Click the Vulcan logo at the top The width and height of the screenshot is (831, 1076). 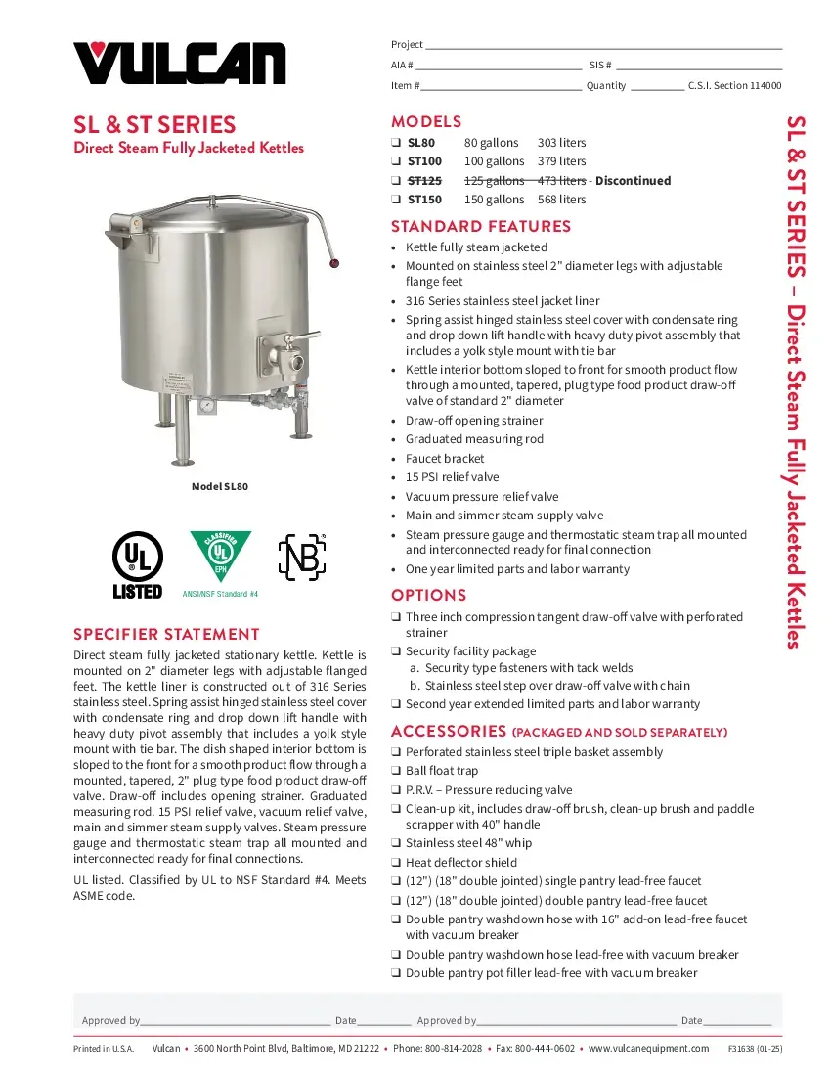pos(180,64)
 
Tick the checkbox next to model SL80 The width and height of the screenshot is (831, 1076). pos(396,143)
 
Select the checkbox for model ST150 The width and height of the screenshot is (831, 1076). pos(396,200)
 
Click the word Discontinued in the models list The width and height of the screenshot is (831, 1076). pos(633,181)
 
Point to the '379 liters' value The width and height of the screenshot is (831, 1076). pos(561,161)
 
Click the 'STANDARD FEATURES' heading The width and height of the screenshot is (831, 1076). pos(480,227)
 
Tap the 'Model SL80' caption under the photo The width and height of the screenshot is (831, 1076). pos(220,486)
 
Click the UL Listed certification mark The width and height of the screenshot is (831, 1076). pos(137,564)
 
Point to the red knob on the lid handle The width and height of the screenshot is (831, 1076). pos(335,263)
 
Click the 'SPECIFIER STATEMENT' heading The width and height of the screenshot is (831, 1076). pos(166,634)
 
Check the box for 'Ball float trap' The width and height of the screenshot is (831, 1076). pos(396,772)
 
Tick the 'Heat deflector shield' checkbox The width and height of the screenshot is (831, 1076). pos(396,863)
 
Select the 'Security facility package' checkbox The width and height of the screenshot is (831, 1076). pos(396,651)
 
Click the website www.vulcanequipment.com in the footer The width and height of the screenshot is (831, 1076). pos(648,1048)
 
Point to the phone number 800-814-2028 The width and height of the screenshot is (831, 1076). pos(453,1048)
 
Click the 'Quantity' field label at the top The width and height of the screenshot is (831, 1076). pos(605,86)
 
